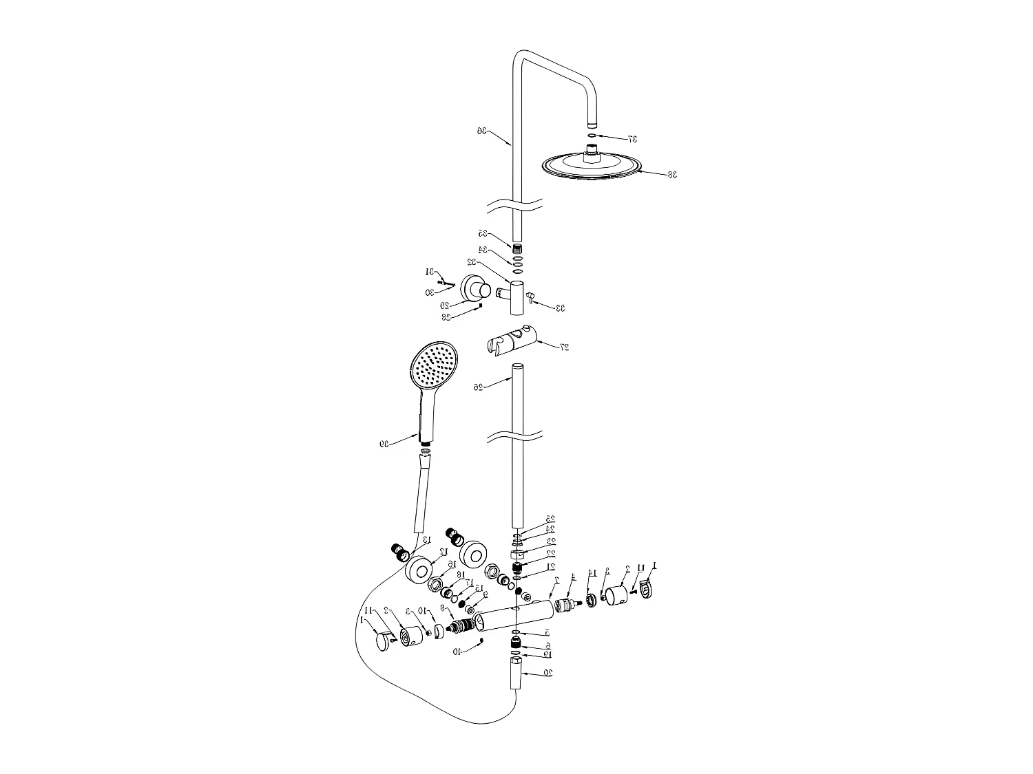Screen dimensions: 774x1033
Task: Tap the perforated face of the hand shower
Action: coord(433,365)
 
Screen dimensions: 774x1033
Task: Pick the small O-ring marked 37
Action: coord(592,136)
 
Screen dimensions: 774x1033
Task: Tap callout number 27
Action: coord(565,347)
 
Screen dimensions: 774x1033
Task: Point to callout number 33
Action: coord(560,308)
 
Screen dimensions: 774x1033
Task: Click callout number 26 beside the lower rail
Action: coord(479,387)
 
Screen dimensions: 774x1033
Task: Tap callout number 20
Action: coord(547,672)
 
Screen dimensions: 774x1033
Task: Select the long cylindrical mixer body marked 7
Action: coord(516,614)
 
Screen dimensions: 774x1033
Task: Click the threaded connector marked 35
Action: coord(518,246)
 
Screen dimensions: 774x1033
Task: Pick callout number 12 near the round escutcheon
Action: coord(444,552)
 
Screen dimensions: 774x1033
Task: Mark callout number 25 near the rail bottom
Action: coord(550,519)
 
